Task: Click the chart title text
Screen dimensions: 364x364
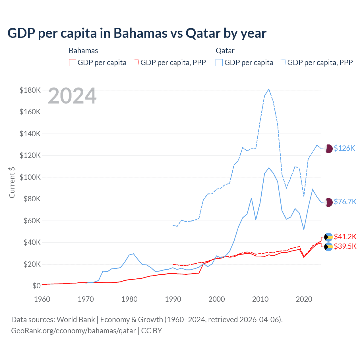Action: pyautogui.click(x=137, y=33)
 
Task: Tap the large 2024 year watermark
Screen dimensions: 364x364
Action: pyautogui.click(x=72, y=96)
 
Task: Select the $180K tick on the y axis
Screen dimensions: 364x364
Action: pyautogui.click(x=30, y=90)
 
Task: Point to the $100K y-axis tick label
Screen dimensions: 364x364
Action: pyautogui.click(x=30, y=177)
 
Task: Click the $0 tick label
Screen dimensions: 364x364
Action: pyautogui.click(x=36, y=286)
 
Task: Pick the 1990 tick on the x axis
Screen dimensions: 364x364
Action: pyautogui.click(x=173, y=299)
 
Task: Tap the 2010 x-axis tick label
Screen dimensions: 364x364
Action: pyautogui.click(x=260, y=299)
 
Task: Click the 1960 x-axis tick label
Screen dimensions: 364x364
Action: pyautogui.click(x=42, y=299)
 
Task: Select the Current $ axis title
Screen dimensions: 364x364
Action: pyautogui.click(x=12, y=182)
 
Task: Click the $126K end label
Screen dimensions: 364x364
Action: pyautogui.click(x=344, y=148)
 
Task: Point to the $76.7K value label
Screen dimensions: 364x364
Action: pyautogui.click(x=345, y=202)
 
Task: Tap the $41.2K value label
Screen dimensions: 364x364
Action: pyautogui.click(x=345, y=237)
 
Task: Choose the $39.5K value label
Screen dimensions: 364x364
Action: pyautogui.click(x=345, y=246)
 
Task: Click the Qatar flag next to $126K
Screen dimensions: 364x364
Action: pyautogui.click(x=329, y=148)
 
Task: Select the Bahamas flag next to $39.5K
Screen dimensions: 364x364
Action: pyautogui.click(x=328, y=247)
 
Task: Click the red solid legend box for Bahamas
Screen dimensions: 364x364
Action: pyautogui.click(x=73, y=63)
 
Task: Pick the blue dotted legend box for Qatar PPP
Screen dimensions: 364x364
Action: pyautogui.click(x=282, y=63)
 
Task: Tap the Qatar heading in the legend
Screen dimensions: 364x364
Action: pyautogui.click(x=225, y=51)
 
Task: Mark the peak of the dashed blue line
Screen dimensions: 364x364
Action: pyautogui.click(x=269, y=89)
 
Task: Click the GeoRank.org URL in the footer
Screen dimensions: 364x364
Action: pyautogui.click(x=73, y=331)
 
